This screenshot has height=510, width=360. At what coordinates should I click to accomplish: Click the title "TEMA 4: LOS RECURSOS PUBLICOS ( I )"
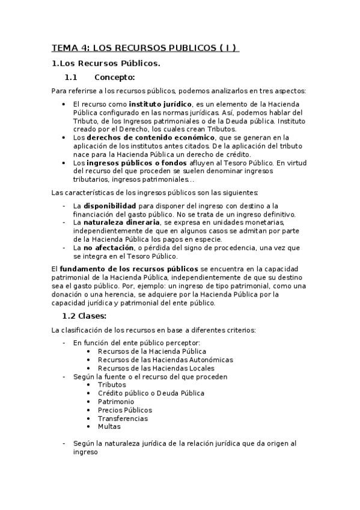click(145, 48)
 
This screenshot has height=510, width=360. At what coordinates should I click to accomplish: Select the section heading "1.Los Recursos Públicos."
click(105, 63)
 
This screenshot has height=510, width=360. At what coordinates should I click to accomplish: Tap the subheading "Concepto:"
click(115, 77)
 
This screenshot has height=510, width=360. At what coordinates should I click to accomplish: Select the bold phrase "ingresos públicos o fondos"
click(127, 162)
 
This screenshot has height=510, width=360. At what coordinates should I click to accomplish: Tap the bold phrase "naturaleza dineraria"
click(117, 222)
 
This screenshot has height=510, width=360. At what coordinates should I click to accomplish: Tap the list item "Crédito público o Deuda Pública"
click(151, 393)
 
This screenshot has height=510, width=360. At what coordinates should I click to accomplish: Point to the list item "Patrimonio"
click(116, 402)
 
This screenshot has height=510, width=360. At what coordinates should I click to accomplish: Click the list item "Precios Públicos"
click(125, 410)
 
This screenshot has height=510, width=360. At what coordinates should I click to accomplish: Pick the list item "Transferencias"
click(123, 419)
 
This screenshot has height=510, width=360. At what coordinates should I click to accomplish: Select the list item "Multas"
click(109, 426)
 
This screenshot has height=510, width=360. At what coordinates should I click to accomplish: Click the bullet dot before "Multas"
click(89, 426)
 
